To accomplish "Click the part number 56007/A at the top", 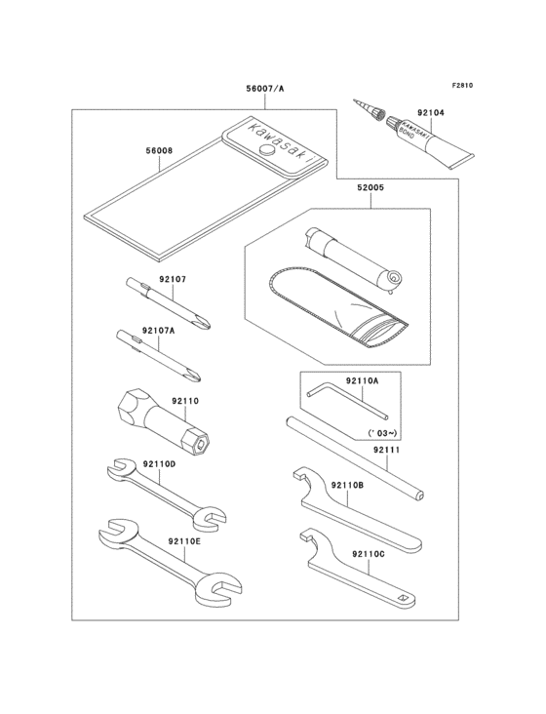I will [265, 89].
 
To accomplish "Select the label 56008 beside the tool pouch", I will [159, 151].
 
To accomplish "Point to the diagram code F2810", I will [461, 86].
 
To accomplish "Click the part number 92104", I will [431, 113].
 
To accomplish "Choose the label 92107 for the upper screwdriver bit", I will [172, 280].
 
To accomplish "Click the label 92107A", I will [158, 331].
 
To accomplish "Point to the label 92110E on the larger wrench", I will [183, 541].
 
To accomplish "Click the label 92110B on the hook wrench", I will [346, 485].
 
